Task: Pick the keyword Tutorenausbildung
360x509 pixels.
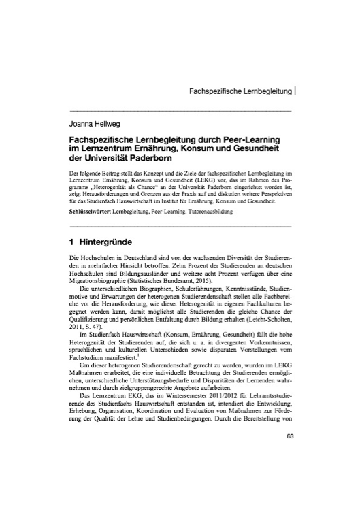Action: [x=209, y=212]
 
